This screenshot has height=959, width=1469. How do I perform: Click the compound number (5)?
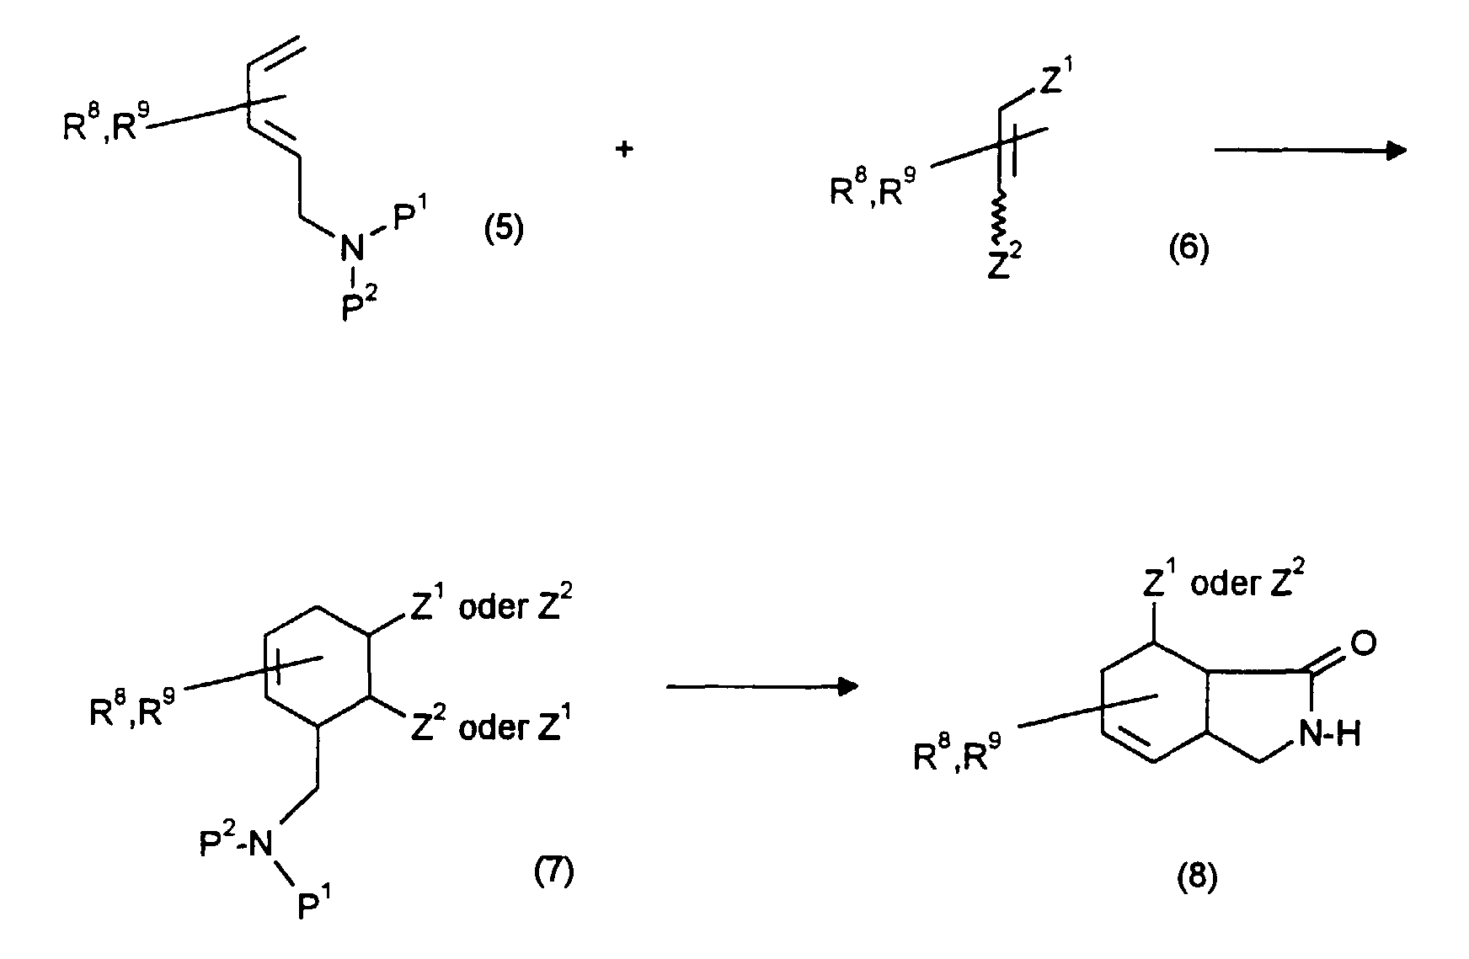point(503,229)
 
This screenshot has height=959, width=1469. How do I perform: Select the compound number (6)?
point(1189,248)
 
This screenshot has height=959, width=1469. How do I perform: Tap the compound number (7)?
point(553,873)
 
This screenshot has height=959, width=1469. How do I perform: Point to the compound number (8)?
point(1196,881)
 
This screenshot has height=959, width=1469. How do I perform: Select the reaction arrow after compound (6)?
point(1309,151)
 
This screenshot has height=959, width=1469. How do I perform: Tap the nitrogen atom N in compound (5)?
point(353,248)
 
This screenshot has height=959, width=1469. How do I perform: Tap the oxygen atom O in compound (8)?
point(1363,644)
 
